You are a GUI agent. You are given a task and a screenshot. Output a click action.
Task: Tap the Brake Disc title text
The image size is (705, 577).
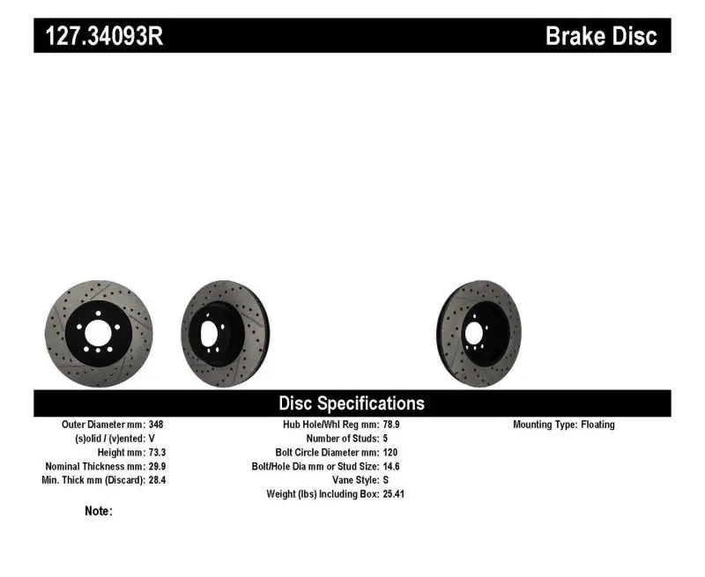point(601,36)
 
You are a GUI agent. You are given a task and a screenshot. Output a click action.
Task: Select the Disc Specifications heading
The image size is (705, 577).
point(352,403)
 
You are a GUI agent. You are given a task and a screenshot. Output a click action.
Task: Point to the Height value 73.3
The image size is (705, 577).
point(156,452)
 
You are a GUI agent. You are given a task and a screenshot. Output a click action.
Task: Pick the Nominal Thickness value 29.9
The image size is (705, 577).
point(156,466)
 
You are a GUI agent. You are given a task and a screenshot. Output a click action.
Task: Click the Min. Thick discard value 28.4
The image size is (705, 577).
point(156,480)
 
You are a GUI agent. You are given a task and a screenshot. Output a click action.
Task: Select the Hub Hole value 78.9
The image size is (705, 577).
point(392,425)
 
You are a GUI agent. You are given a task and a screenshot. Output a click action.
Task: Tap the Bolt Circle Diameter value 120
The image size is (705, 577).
point(390,452)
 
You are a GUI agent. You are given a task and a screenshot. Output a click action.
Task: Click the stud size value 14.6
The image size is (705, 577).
point(392,466)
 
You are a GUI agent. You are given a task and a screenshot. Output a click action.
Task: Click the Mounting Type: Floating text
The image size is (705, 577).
point(564,425)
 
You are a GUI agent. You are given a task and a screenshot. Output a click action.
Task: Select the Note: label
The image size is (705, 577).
point(99,511)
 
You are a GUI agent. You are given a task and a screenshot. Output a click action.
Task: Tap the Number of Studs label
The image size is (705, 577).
point(341,438)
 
